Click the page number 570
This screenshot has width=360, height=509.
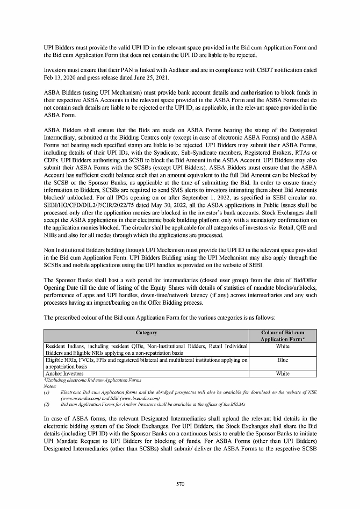click(180, 484)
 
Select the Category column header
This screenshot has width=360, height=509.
click(146, 333)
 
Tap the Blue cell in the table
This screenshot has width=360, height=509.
click(283, 362)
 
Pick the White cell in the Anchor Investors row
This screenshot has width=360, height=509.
click(283, 373)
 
